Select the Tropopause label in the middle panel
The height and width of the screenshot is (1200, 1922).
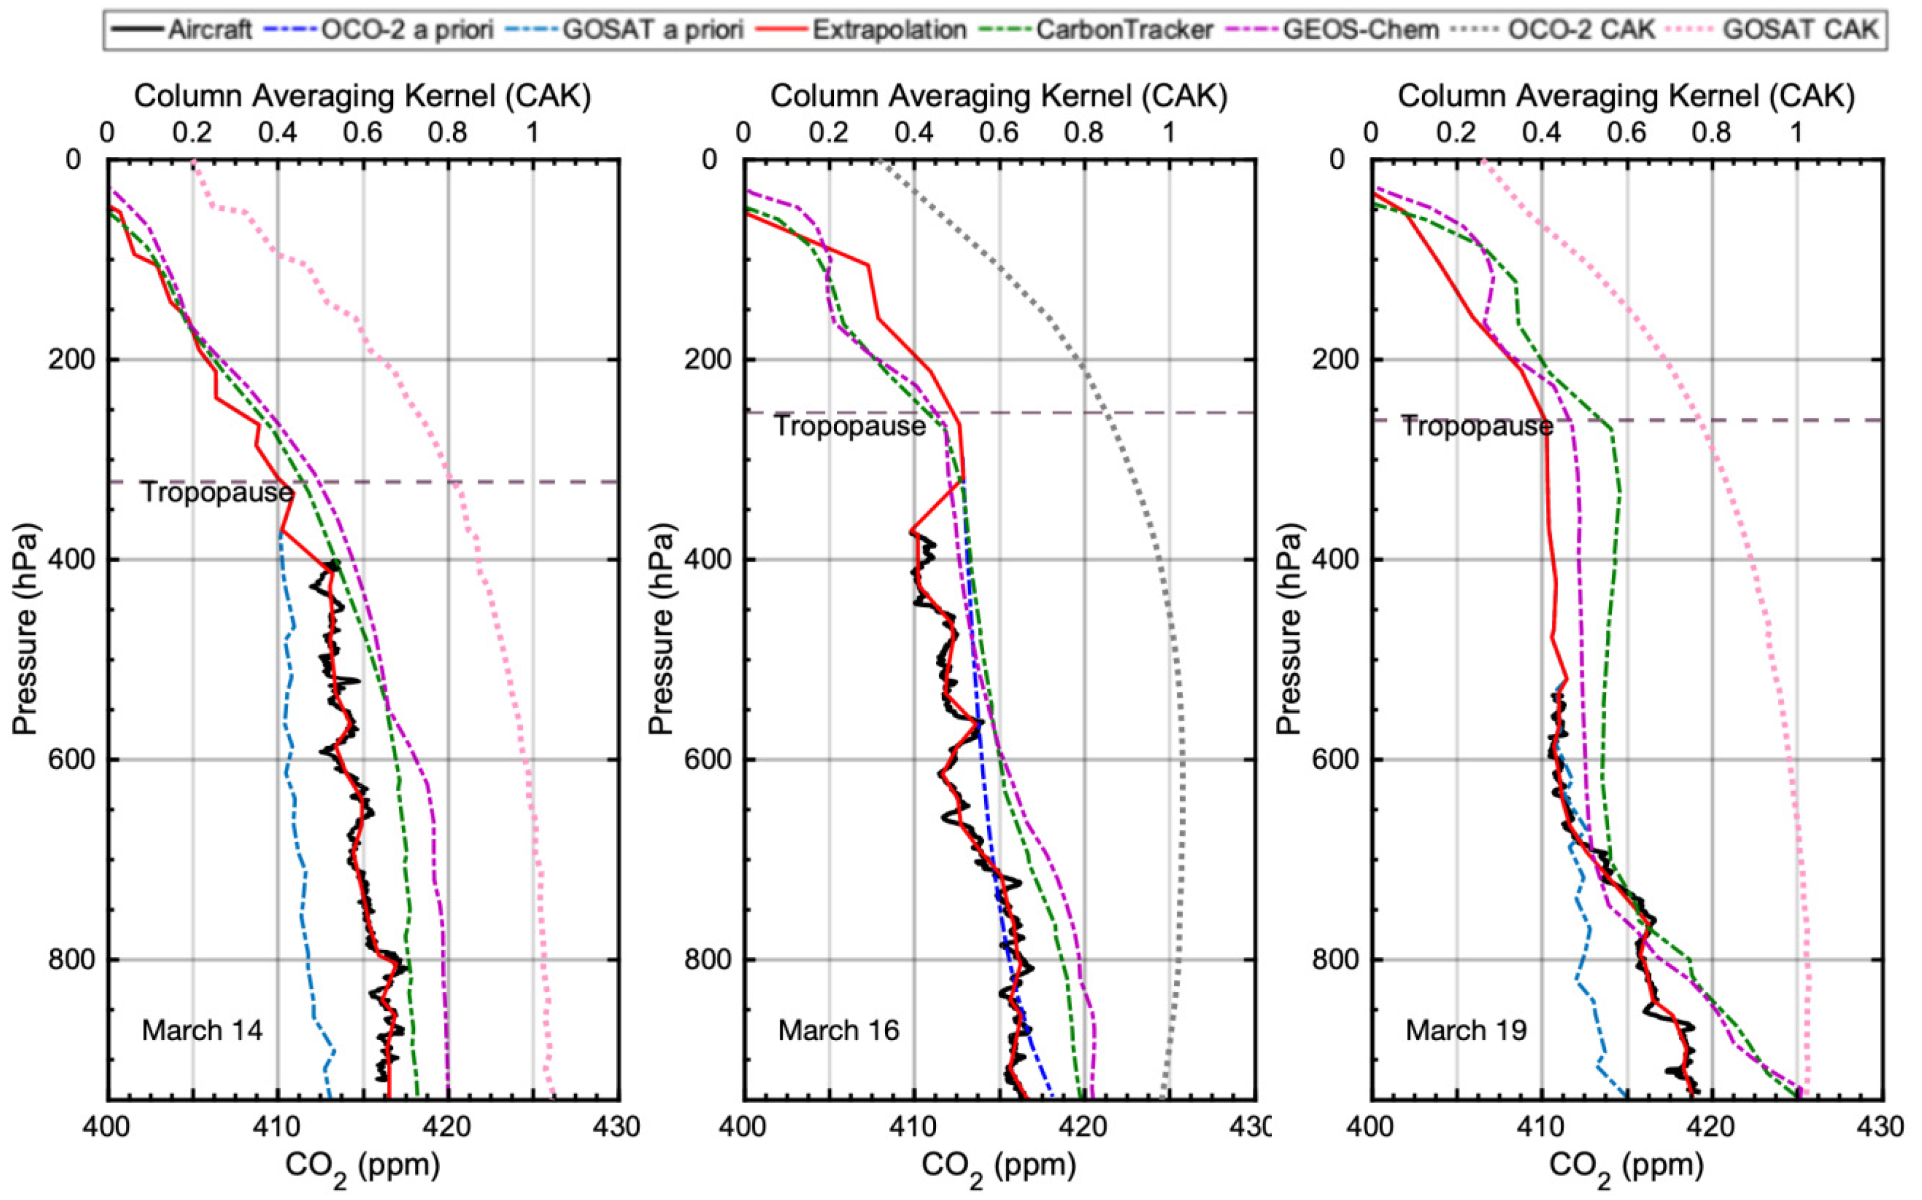point(849,426)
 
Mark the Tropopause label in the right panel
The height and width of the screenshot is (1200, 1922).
point(1476,426)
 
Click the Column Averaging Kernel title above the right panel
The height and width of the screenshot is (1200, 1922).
point(1626,96)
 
